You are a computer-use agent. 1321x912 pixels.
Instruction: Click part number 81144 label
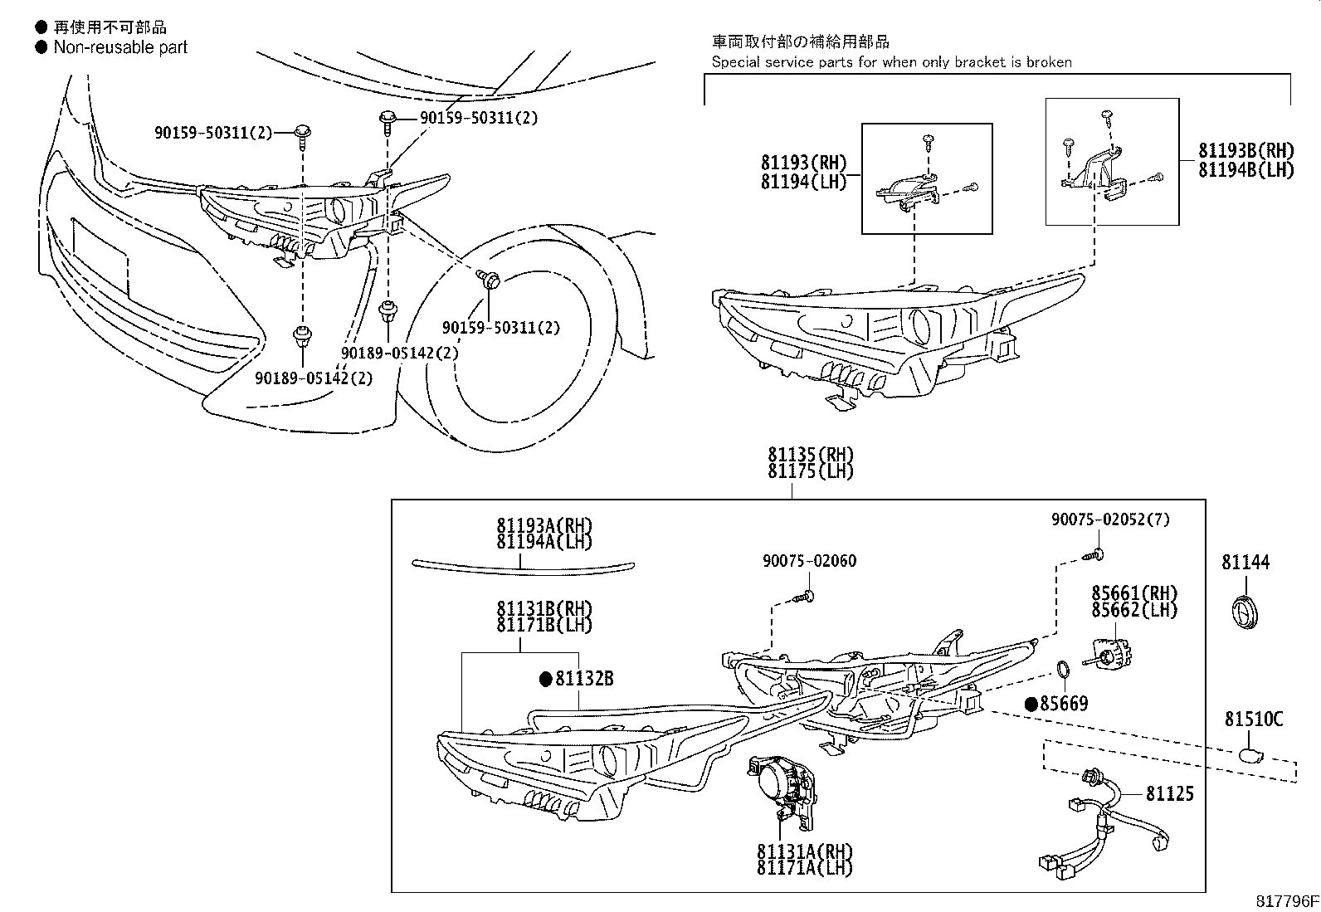[x=1245, y=563]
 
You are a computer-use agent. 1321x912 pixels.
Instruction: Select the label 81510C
[x=1253, y=719]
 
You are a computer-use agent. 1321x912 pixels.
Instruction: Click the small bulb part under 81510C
[x=1249, y=754]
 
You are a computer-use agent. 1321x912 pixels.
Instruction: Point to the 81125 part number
[x=1169, y=794]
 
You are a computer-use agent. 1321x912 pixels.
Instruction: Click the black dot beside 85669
[x=1031, y=704]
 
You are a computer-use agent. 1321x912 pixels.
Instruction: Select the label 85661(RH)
[x=1134, y=593]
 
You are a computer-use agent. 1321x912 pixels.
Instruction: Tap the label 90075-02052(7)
[x=1110, y=519]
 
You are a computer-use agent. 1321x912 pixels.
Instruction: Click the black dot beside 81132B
[x=545, y=679]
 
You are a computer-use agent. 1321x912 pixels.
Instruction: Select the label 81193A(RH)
[x=544, y=525]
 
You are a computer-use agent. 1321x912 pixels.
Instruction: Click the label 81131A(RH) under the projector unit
[x=804, y=851]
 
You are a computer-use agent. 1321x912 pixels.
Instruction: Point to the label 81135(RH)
[x=810, y=455]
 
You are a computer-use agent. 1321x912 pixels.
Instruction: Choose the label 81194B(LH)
[x=1245, y=169]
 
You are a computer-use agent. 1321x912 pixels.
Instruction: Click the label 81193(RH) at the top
[x=803, y=163]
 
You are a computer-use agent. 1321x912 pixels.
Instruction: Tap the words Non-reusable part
[x=120, y=47]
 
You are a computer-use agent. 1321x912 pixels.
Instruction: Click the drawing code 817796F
[x=1285, y=901]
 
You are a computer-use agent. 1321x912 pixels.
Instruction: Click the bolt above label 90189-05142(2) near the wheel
[x=387, y=312]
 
